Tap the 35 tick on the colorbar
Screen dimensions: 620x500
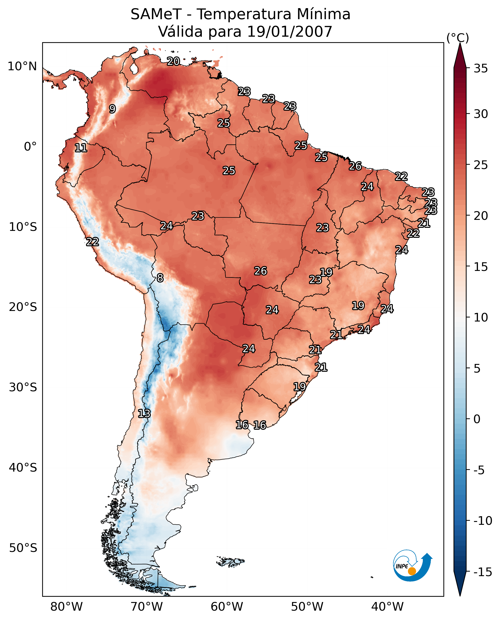[481, 69]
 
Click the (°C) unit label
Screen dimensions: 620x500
[458, 38]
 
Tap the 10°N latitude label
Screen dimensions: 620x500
[22, 67]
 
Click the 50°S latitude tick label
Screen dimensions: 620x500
[23, 548]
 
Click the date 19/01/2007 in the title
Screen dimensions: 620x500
[290, 31]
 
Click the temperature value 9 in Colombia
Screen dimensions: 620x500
[112, 109]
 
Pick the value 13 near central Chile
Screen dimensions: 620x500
[144, 414]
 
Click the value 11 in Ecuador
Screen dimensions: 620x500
[81, 148]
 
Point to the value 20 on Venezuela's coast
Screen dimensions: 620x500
[173, 61]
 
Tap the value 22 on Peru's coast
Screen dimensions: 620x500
[93, 242]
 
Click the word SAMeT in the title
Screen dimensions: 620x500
[156, 14]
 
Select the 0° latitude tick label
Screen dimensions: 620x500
[30, 147]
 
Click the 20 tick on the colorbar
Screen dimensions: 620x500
[481, 216]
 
